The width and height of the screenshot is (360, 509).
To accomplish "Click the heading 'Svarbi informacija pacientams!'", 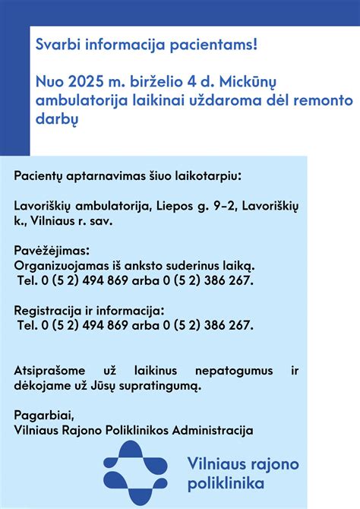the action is pos(147,46).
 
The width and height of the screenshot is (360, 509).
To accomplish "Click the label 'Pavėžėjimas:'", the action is pos(52,250).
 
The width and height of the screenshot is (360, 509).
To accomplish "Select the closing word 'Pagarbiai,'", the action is pos(44,416).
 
